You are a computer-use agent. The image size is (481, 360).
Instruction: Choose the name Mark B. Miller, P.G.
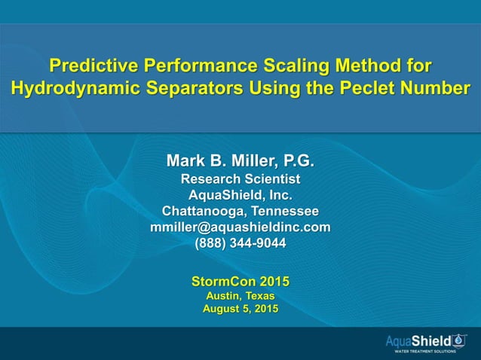tap(240, 161)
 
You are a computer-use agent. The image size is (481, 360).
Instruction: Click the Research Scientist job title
tap(240, 179)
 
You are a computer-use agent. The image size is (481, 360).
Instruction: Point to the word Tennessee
tap(285, 210)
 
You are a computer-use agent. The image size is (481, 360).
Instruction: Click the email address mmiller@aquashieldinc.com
tap(240, 226)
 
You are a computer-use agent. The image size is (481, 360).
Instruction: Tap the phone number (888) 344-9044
tap(240, 243)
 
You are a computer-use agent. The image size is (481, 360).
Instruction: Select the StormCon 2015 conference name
tap(240, 282)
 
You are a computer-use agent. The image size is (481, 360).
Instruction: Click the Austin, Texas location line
tap(240, 296)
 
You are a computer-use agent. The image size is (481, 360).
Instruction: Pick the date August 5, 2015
tap(240, 310)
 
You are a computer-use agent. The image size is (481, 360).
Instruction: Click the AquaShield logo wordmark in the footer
tap(417, 341)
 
